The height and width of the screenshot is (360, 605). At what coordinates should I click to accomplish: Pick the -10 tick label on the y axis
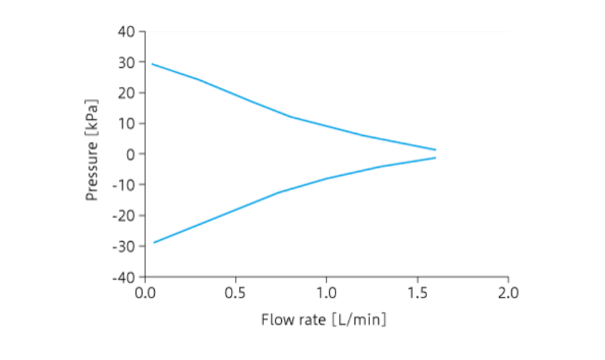[x=125, y=185]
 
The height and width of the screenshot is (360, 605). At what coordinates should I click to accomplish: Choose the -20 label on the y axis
[x=125, y=216]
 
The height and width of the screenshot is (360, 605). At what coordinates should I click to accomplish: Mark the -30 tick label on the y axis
[x=125, y=247]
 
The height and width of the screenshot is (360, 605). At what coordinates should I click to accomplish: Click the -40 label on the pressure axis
[x=125, y=277]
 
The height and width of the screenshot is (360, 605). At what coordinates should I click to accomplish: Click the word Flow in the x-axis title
[x=275, y=319]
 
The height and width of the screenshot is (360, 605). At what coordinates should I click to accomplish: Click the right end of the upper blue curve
[x=435, y=149]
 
